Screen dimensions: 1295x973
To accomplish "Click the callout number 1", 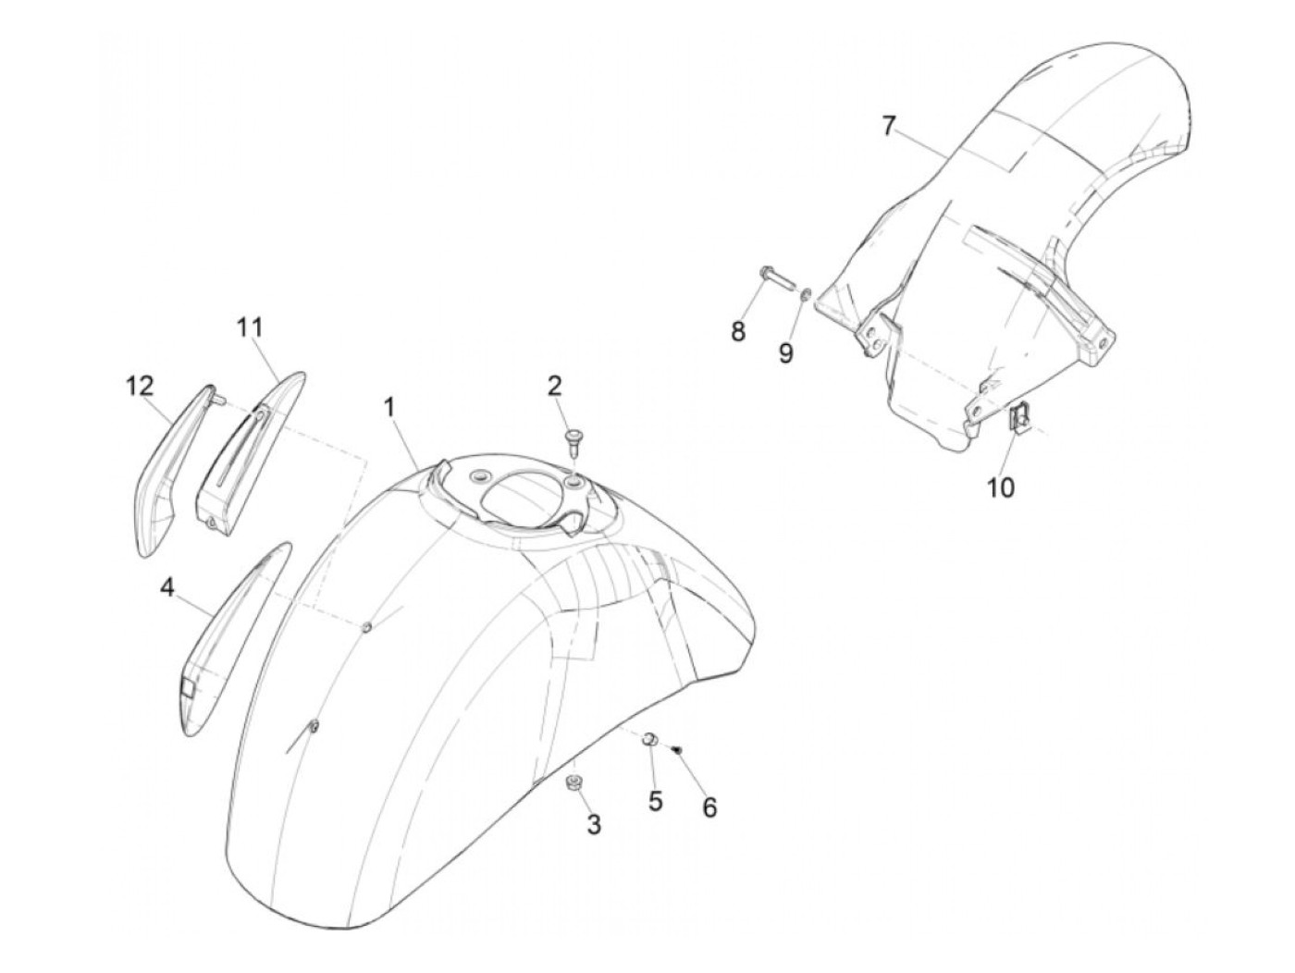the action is [x=390, y=406].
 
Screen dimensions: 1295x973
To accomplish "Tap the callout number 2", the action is [x=555, y=386].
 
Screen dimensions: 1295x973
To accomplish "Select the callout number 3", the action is [x=593, y=825].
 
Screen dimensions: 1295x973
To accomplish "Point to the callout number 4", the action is [x=166, y=586].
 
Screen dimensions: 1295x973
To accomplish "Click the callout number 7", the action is [x=889, y=126].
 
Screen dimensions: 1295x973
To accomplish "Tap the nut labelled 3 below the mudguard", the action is [x=573, y=785].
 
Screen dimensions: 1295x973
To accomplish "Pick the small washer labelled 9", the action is [x=806, y=295].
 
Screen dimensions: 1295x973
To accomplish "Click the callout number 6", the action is [x=709, y=807].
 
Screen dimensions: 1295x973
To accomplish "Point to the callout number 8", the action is [x=738, y=330].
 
